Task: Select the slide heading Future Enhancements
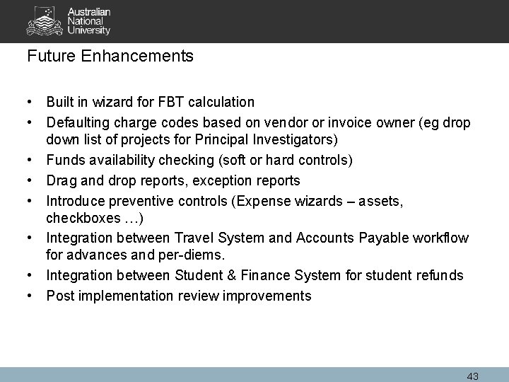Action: (110, 56)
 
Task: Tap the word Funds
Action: (64, 161)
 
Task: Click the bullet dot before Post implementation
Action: (33, 296)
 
